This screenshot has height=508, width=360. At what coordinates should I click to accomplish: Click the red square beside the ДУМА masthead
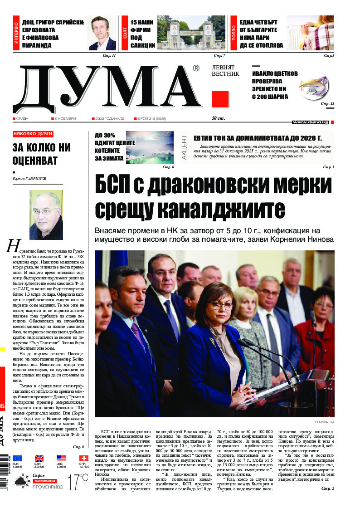click(x=220, y=98)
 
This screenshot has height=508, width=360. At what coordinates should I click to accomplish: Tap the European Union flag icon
click(x=17, y=459)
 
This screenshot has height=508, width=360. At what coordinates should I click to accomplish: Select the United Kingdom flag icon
click(x=39, y=459)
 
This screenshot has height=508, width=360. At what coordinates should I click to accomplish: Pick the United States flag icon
click(x=61, y=459)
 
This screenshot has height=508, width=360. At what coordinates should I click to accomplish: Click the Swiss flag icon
click(x=83, y=459)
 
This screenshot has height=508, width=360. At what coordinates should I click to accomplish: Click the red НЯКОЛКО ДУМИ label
click(x=33, y=134)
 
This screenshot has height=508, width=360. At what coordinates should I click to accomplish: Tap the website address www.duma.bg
click(x=311, y=122)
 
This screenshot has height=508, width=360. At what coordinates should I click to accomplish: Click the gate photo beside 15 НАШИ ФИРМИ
click(x=191, y=34)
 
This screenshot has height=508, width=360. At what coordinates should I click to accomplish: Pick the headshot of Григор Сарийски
click(x=102, y=34)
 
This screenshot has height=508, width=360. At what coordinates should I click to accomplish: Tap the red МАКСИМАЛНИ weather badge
click(x=44, y=480)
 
